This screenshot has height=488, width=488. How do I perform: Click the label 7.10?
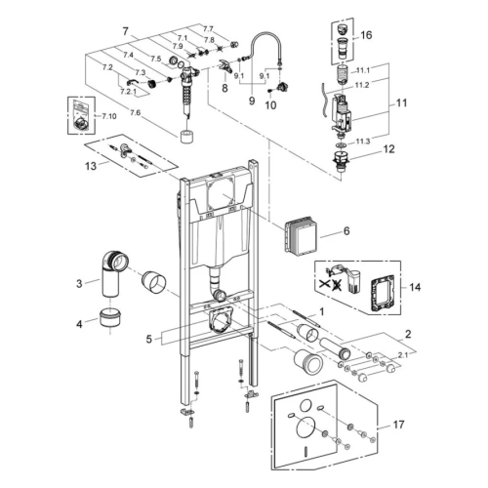pyautogui.click(x=107, y=115)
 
